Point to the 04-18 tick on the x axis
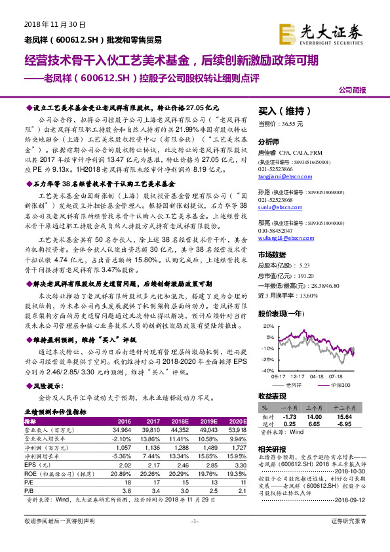[317, 376]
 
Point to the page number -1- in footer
[194, 539]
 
